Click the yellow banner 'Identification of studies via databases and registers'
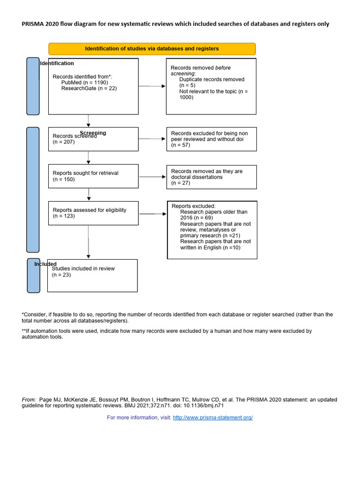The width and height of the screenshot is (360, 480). point(152,49)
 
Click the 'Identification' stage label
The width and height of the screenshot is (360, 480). point(57,63)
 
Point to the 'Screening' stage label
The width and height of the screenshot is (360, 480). point(93,133)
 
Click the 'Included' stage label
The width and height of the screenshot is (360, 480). point(45,264)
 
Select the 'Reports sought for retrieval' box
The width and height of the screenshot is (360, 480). point(93,176)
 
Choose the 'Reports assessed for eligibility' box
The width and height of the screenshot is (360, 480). point(93,213)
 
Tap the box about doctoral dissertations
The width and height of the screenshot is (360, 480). point(211,177)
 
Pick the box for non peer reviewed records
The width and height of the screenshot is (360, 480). point(211,139)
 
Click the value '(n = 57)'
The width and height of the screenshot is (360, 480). point(181,145)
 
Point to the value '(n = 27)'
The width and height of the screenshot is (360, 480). point(181,183)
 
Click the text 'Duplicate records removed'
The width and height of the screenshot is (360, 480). point(211,80)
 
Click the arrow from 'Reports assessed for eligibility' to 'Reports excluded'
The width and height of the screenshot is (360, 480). point(153,214)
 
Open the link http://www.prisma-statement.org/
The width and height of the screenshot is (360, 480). point(213,417)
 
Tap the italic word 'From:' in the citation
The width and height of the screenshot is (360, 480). point(29,400)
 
